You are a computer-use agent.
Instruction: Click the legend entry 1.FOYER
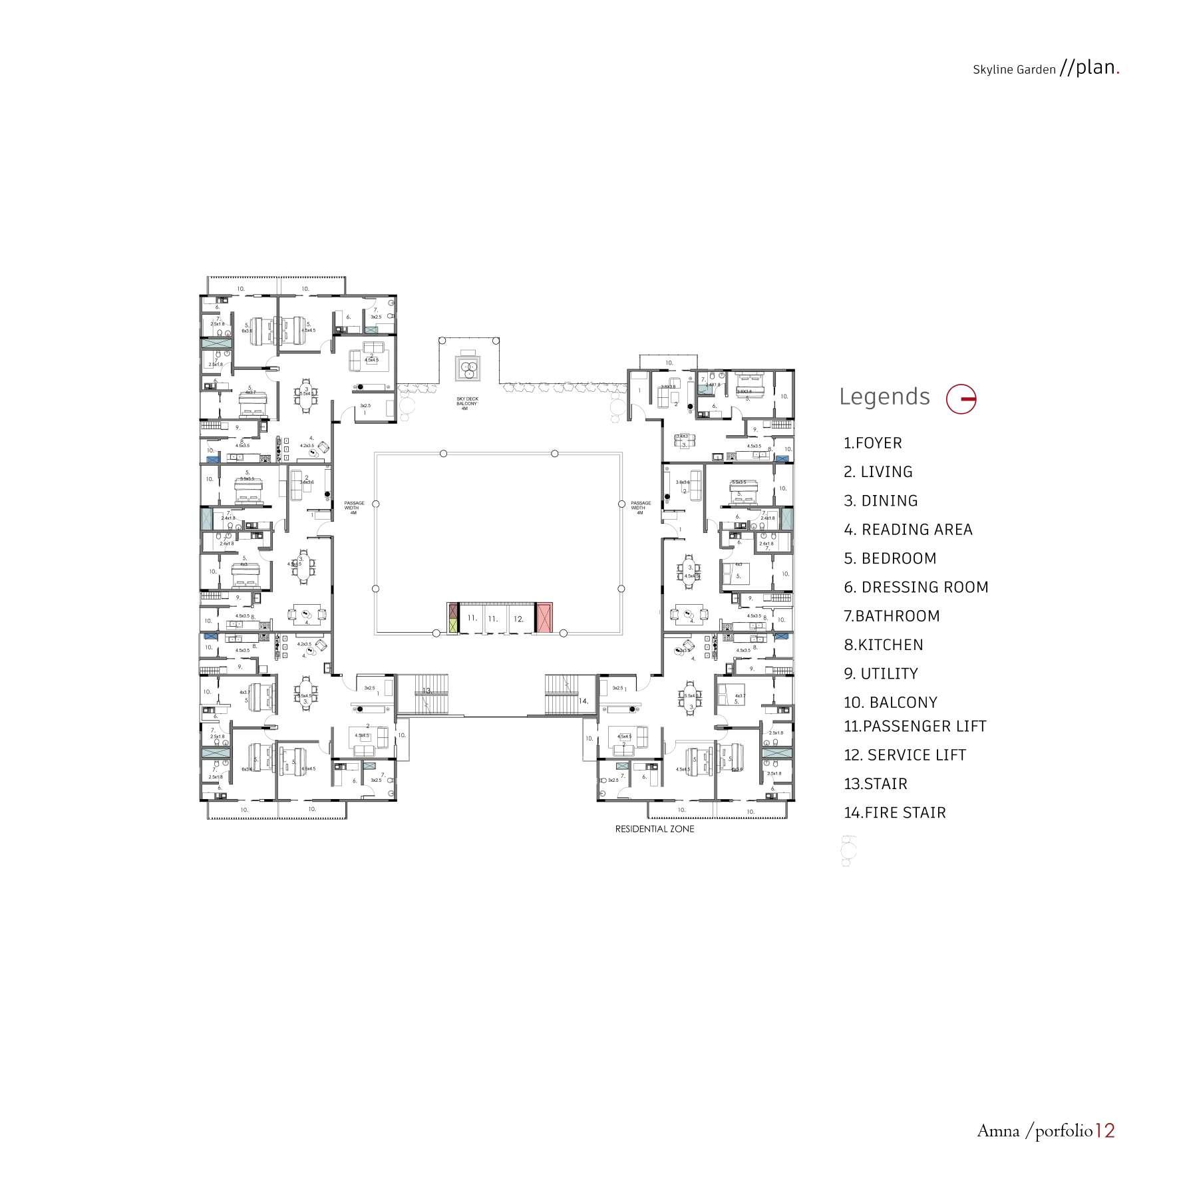click(x=872, y=443)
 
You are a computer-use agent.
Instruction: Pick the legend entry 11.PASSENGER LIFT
click(x=915, y=727)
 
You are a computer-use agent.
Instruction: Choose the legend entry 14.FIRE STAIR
click(x=895, y=812)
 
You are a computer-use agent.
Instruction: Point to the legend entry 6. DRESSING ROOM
click(x=916, y=588)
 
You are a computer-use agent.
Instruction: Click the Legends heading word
click(x=884, y=397)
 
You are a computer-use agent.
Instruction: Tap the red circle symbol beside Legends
click(x=961, y=399)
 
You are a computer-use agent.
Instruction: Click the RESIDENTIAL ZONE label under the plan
click(x=654, y=829)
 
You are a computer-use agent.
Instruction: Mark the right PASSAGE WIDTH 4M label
click(x=640, y=508)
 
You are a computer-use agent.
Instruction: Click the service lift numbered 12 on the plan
click(x=519, y=619)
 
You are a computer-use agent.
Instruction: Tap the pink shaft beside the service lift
click(x=544, y=617)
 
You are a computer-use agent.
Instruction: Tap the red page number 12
click(x=1104, y=1130)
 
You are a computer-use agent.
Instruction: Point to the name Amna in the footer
click(x=997, y=1131)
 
